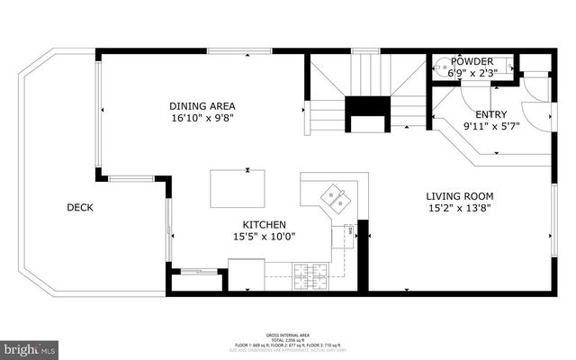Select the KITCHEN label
(264, 224)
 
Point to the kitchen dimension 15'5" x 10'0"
(264, 237)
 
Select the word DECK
(80, 208)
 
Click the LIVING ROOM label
(459, 196)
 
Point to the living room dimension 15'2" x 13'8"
(459, 209)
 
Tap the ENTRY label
(490, 113)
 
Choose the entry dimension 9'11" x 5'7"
(490, 126)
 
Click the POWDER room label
(472, 62)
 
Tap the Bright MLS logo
(30, 347)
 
